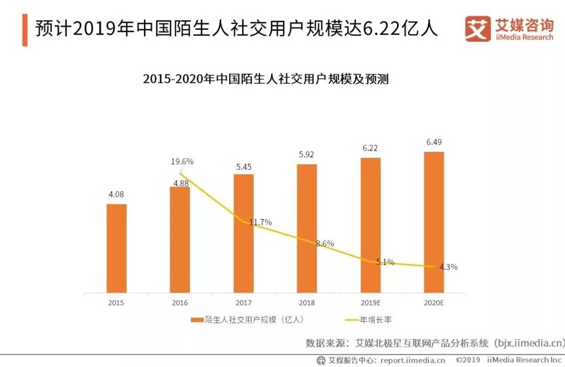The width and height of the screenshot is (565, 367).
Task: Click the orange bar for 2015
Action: click(117, 248)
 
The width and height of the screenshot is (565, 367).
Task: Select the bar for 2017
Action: click(243, 233)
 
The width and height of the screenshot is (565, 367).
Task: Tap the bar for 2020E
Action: click(434, 222)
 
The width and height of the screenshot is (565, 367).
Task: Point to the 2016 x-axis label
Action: click(179, 303)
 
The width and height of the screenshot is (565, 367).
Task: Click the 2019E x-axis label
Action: click(370, 303)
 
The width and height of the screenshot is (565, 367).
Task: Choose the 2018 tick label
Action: click(307, 303)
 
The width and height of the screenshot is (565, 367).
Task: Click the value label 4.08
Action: click(116, 194)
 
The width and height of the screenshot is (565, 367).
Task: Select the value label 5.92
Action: click(307, 155)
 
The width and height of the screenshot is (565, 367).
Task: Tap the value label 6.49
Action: click(434, 142)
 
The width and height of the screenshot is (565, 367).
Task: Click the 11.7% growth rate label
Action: click(260, 222)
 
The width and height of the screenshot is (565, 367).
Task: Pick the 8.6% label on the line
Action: click(324, 244)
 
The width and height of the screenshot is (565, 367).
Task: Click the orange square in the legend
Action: click(197, 319)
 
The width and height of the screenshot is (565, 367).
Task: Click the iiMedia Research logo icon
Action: click(478, 29)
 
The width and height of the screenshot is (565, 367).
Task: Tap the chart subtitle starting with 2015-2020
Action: click(266, 79)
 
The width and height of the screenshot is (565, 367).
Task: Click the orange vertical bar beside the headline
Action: click(25, 29)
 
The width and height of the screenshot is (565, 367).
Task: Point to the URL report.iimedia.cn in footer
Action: click(413, 360)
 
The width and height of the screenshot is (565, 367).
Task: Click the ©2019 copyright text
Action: click(468, 360)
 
